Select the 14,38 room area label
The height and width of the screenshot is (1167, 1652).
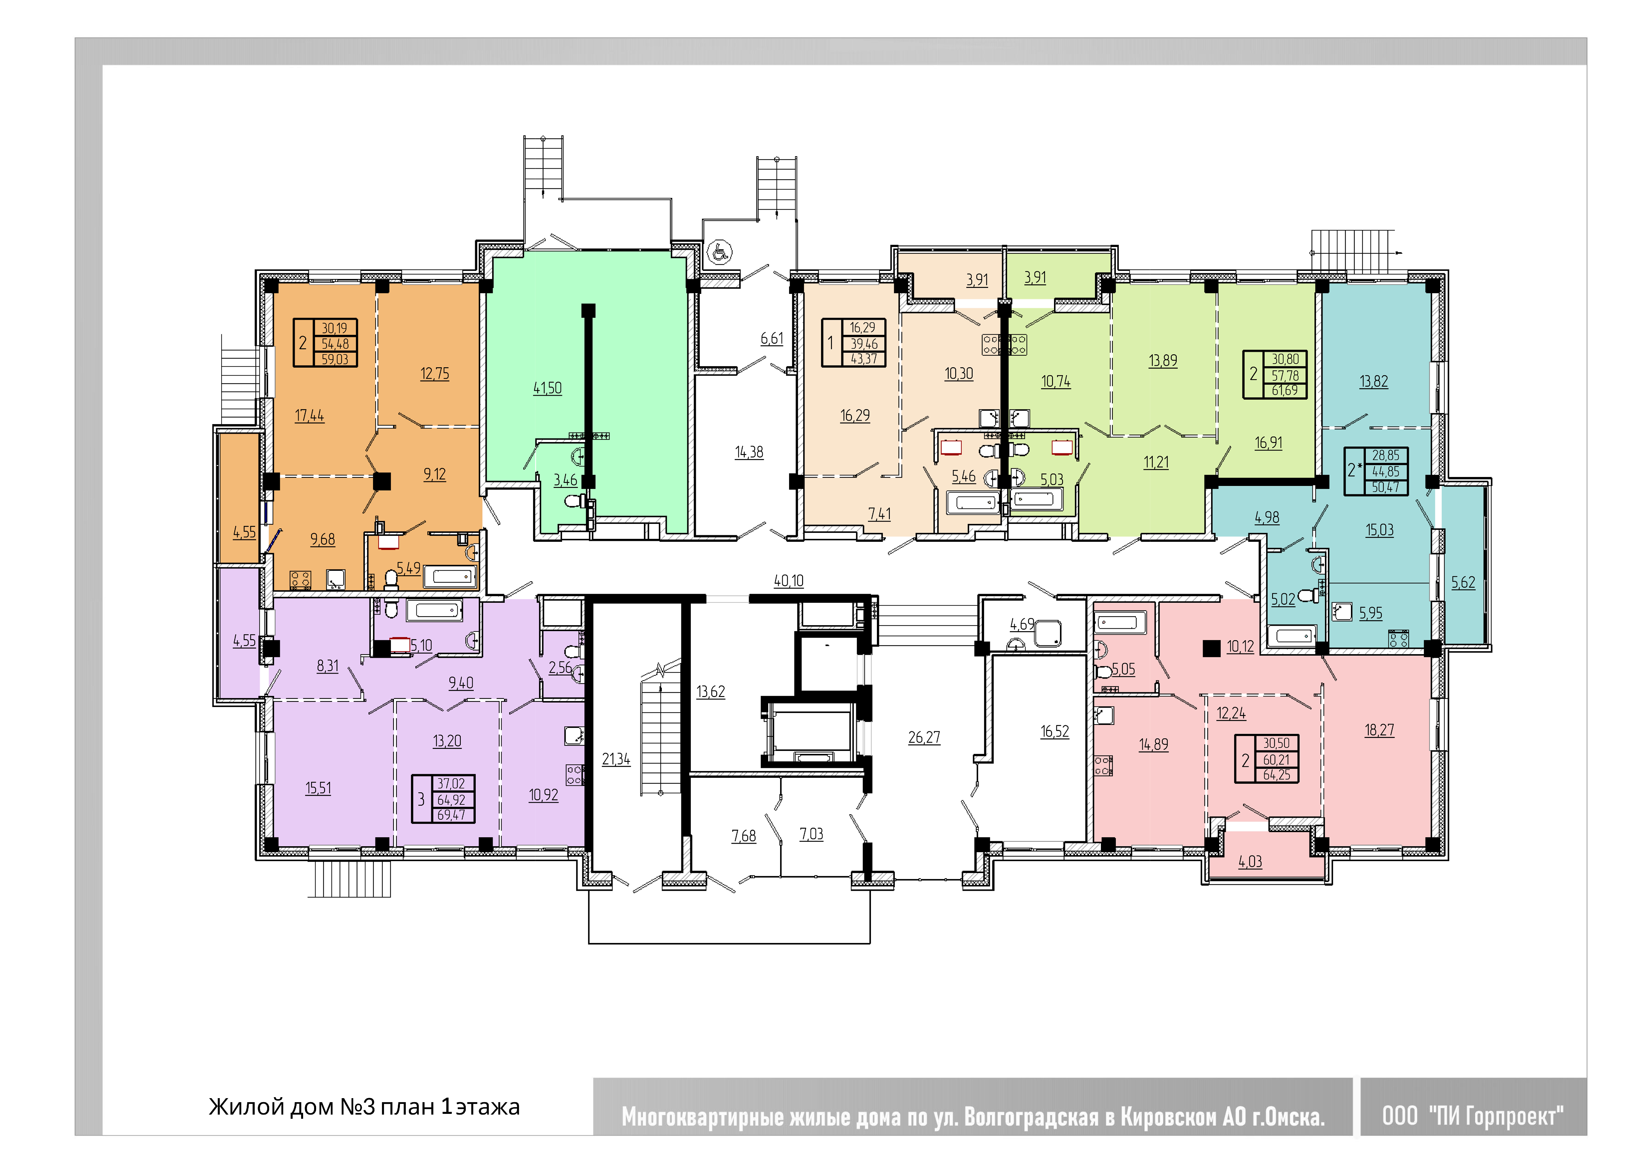[x=749, y=453]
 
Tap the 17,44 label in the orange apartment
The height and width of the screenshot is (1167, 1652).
[x=309, y=416]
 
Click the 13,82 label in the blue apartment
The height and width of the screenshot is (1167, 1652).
[x=1374, y=382]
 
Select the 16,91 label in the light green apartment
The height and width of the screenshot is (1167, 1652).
[x=1269, y=443]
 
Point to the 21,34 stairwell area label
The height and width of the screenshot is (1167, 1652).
[x=616, y=760]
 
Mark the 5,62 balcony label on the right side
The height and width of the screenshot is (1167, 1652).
[x=1463, y=583]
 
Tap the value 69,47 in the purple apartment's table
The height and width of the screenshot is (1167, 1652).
[x=451, y=815]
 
